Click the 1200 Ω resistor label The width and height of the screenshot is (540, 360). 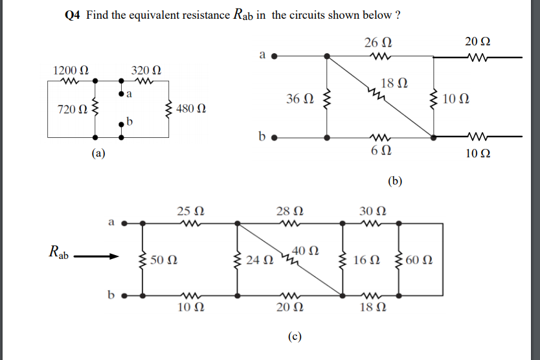click(71, 69)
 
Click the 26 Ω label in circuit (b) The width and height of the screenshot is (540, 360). click(377, 43)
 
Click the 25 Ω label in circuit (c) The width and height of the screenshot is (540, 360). click(190, 211)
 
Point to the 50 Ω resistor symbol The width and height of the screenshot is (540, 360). click(142, 260)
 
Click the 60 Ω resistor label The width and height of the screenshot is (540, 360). click(420, 261)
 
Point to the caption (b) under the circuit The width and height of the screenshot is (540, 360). click(395, 181)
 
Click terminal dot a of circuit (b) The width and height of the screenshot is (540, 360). click(275, 56)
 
